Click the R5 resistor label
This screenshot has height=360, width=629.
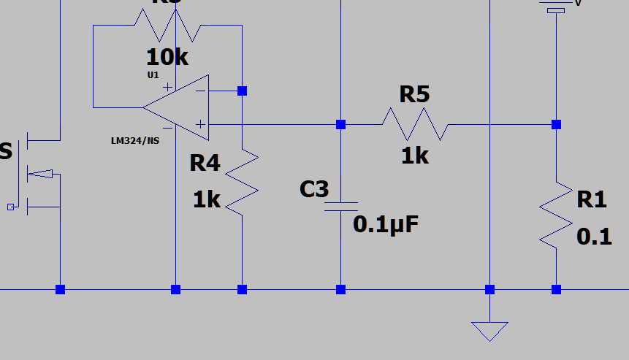pos(414,94)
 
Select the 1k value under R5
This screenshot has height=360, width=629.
pos(414,155)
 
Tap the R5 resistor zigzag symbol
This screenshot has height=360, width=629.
pos(414,124)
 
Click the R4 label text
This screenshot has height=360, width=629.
pos(205,163)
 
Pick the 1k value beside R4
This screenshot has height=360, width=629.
pos(207,199)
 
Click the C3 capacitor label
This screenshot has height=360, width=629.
pos(314,189)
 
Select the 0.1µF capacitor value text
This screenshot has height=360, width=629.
pos(386,224)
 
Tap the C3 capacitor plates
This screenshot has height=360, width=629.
pos(340,206)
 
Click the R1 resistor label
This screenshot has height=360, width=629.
pos(591,199)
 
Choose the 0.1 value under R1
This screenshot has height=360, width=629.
pos(594,237)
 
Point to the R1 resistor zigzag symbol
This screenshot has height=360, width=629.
pos(556,212)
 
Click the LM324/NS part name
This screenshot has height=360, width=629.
pos(134,140)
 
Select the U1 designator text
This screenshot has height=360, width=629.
pos(153,75)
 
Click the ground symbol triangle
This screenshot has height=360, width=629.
pos(489,331)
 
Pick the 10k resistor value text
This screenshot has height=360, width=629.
pos(167,56)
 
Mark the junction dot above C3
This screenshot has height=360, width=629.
pos(340,125)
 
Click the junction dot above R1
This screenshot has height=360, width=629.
pos(556,125)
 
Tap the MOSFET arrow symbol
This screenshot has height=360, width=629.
pos(43,174)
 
